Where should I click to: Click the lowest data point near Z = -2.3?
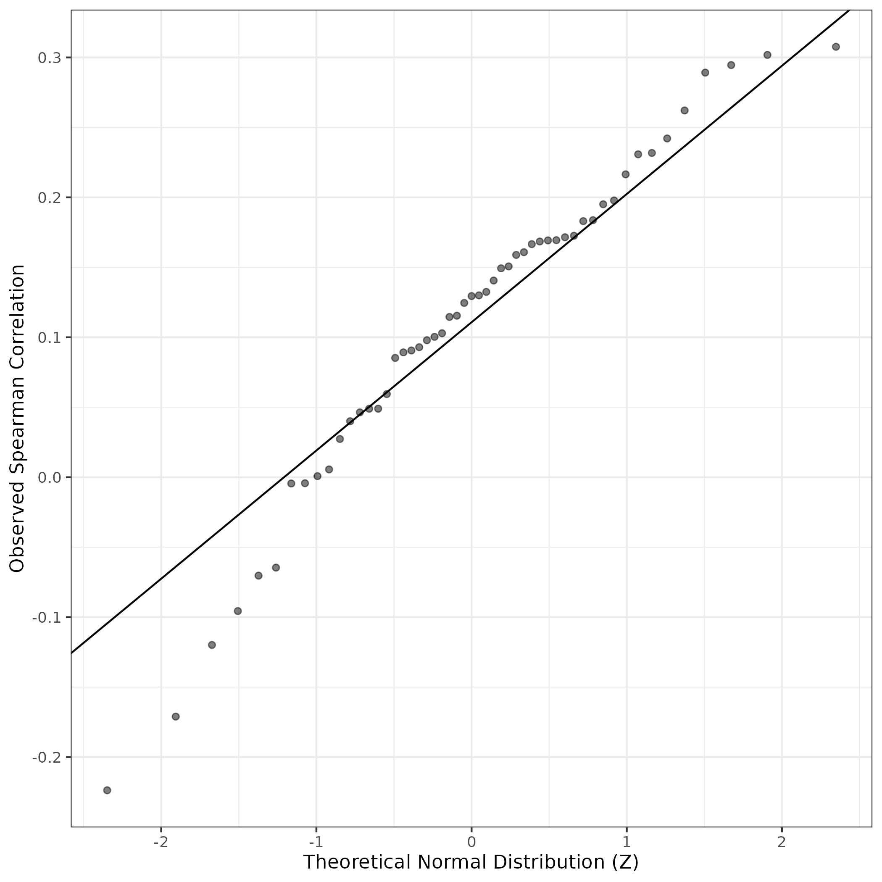(x=107, y=790)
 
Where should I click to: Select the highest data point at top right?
(x=836, y=47)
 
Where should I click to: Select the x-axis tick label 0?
(x=471, y=841)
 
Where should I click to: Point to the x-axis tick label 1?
(x=627, y=841)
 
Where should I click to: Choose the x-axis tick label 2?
(x=782, y=841)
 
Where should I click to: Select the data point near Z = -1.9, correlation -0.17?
(x=176, y=716)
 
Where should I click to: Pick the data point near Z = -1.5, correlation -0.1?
(x=237, y=611)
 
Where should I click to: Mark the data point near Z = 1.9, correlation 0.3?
(x=767, y=55)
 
